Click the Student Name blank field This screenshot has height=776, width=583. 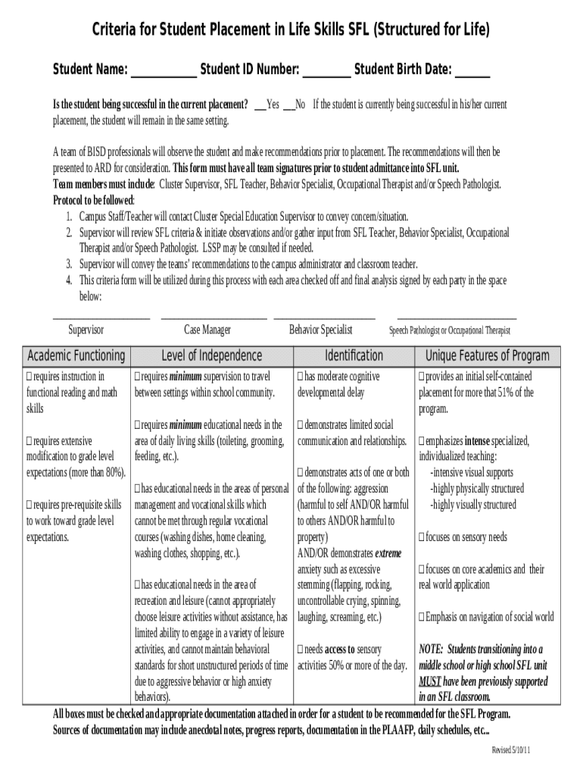coord(164,74)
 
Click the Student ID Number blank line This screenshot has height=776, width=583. coord(326,74)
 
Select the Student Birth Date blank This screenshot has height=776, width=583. coord(472,74)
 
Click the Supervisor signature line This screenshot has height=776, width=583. coord(101,317)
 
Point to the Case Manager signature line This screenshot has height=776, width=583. coord(214,317)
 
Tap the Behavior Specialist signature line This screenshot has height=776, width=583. coord(324,317)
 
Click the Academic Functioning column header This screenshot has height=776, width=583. coord(76,355)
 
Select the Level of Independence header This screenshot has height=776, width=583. coord(211,355)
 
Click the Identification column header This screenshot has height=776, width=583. coord(354,355)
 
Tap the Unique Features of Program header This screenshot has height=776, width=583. coord(488,355)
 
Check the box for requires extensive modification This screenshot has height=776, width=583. coord(30,441)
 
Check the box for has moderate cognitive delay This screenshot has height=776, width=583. coord(301,377)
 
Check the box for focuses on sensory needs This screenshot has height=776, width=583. coord(422,537)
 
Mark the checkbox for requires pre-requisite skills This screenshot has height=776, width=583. coord(30,505)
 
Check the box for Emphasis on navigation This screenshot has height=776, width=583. coord(422,617)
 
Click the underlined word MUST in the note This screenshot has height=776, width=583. coord(430,681)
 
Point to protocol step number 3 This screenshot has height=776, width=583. coord(68,264)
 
